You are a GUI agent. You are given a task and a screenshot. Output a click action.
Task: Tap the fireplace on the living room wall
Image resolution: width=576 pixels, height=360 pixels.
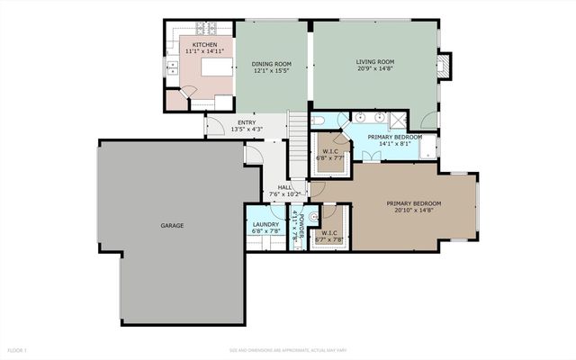441,65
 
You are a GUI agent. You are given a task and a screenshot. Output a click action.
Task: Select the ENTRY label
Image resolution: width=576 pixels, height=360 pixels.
246,122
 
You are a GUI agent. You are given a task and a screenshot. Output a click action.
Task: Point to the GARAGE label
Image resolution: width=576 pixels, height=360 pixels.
173,225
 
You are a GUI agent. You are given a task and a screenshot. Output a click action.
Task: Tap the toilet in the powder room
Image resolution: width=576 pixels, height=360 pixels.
314,217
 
